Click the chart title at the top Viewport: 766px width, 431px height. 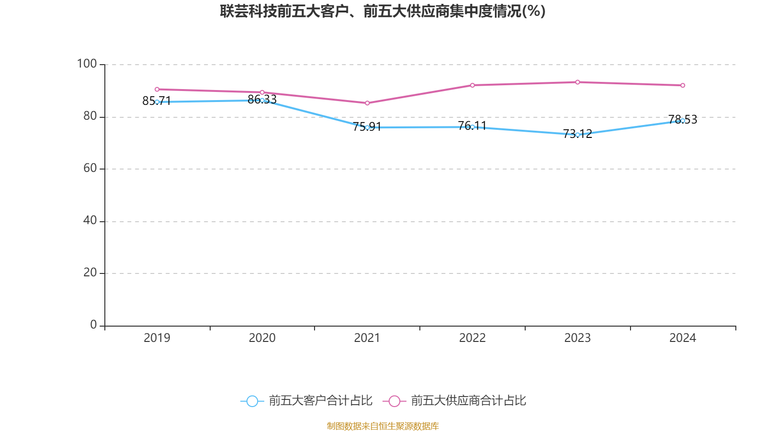(383, 11)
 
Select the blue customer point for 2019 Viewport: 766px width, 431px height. (157, 102)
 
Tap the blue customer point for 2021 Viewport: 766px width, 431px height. (367, 127)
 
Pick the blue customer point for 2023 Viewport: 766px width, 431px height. (577, 135)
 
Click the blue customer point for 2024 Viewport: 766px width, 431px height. (683, 121)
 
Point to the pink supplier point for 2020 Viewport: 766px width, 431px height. (262, 92)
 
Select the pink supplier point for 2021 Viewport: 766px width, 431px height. (367, 103)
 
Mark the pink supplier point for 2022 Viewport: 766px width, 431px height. (473, 85)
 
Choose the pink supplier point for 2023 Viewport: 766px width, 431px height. (577, 82)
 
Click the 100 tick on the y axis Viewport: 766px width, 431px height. (87, 64)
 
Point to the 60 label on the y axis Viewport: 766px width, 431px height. (90, 169)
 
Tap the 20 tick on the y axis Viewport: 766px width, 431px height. (90, 273)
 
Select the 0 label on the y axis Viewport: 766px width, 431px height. (93, 325)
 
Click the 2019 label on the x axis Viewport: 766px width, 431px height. (157, 338)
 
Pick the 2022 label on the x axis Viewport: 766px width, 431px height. (473, 338)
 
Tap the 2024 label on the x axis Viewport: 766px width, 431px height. (683, 338)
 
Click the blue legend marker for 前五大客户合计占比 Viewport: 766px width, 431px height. (252, 401)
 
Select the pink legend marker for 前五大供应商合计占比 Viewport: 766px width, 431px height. (394, 401)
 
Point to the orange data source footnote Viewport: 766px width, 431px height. (383, 426)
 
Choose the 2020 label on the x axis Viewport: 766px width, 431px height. (262, 338)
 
